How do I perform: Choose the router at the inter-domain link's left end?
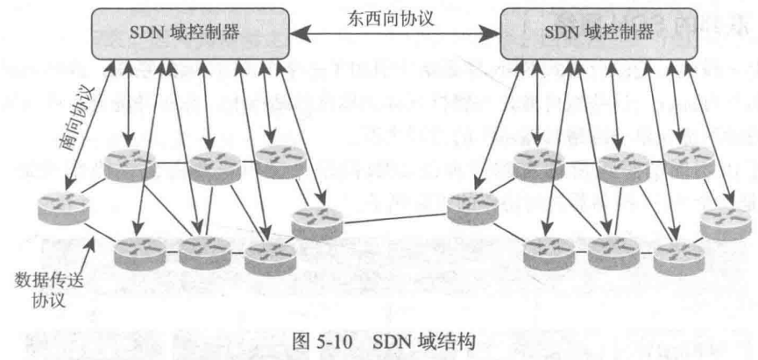click(x=315, y=222)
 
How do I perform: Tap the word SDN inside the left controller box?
click(x=146, y=34)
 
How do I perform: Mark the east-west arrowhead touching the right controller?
click(x=492, y=36)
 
